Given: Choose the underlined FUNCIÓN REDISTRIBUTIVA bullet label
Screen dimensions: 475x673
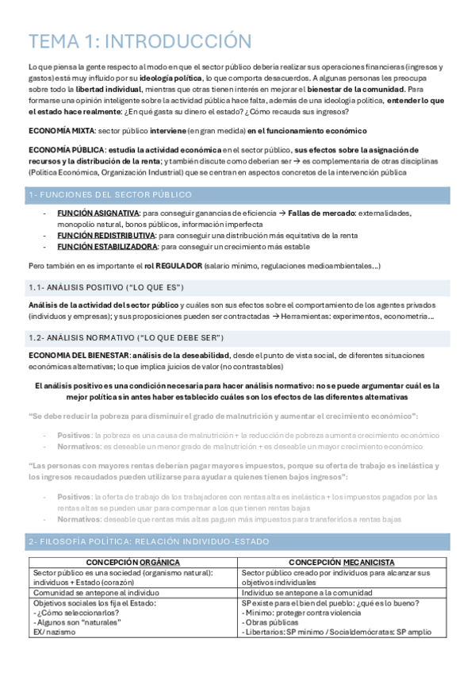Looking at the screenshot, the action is click(x=105, y=236).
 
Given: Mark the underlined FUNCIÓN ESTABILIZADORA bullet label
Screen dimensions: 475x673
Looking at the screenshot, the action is click(x=107, y=247).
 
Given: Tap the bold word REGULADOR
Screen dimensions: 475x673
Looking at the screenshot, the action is click(x=181, y=265).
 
